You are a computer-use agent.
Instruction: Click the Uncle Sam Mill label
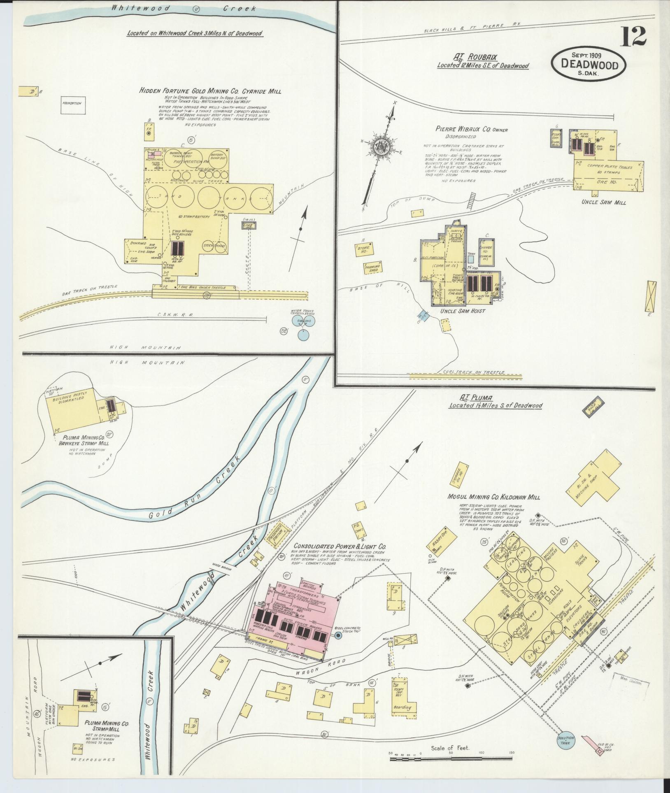click(604, 202)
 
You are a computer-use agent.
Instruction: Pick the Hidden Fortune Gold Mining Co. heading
click(210, 91)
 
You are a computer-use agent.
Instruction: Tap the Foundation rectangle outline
click(74, 104)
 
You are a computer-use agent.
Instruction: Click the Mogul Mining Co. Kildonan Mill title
click(493, 497)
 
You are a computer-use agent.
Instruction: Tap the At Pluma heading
click(470, 398)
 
